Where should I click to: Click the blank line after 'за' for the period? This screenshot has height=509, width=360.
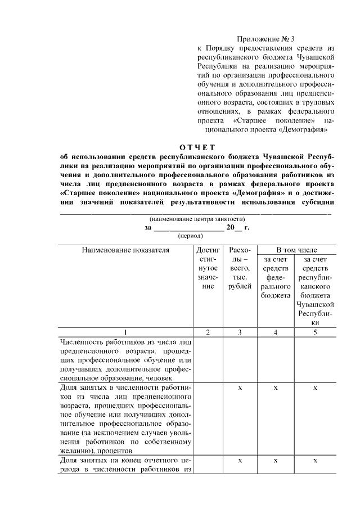point(188,227)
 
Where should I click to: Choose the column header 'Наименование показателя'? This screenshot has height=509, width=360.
point(125,250)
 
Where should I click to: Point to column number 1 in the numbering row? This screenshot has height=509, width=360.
point(125,332)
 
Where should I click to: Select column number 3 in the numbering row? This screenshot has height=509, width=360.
point(240,332)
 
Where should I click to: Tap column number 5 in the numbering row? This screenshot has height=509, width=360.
point(316,332)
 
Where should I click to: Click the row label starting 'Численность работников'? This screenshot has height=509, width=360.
point(125,360)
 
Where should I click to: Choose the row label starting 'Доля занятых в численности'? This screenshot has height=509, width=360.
point(125,419)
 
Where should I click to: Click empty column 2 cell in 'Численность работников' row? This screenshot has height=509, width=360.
point(208,360)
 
